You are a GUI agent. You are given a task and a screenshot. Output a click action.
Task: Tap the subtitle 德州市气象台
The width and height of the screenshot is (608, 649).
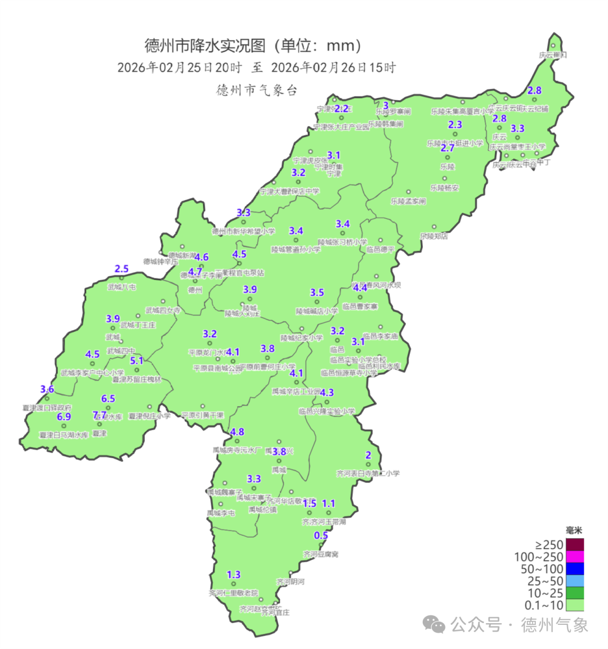coord(257,90)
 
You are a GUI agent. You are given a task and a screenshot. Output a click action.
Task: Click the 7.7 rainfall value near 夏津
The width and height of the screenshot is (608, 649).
coord(100,416)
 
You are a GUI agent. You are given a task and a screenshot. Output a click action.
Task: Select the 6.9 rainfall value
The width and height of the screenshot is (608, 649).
coord(64,417)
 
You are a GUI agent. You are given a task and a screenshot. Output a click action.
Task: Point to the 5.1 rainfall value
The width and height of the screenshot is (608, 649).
coord(137,361)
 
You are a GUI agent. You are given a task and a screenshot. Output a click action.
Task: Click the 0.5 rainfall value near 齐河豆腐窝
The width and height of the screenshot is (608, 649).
coord(321,535)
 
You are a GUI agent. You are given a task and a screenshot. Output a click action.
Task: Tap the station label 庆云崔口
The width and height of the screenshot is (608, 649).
coord(552,55)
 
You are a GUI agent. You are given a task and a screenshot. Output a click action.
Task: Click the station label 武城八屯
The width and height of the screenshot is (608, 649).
coord(122,287)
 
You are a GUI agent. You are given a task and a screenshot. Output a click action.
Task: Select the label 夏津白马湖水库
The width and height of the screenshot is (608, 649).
coord(63,435)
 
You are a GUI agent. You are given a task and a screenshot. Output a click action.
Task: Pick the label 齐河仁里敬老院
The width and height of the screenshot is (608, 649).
coord(233,593)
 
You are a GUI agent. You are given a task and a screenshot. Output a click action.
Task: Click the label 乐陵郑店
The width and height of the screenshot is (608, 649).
coord(434,236)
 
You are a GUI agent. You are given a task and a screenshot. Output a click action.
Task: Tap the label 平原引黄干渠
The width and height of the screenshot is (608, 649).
coord(203,415)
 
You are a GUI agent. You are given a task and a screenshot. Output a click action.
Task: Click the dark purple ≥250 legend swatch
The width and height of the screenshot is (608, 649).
coord(575,544)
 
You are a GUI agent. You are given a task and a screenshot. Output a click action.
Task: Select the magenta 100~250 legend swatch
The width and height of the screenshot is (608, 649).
coord(575,557)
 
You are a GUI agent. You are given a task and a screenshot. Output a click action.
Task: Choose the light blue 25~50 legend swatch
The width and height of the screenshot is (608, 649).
coord(575,581)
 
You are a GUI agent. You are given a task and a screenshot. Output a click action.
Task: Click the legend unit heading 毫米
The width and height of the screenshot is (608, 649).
coord(574,530)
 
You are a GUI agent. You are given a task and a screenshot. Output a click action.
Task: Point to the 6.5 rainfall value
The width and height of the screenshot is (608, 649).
coord(108,399)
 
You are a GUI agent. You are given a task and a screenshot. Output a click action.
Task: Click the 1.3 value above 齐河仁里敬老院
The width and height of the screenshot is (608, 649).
coord(234,575)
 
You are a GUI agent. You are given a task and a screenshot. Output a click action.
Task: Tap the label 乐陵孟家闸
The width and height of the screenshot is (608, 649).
coord(408,201)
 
